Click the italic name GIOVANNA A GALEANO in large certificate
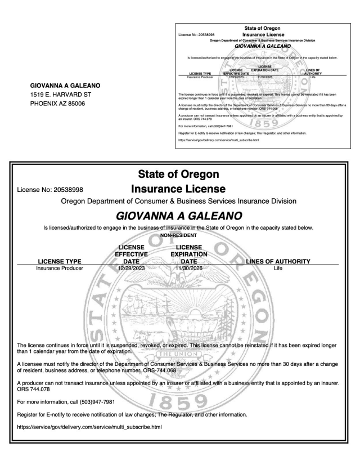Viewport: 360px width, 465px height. click(179, 215)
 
